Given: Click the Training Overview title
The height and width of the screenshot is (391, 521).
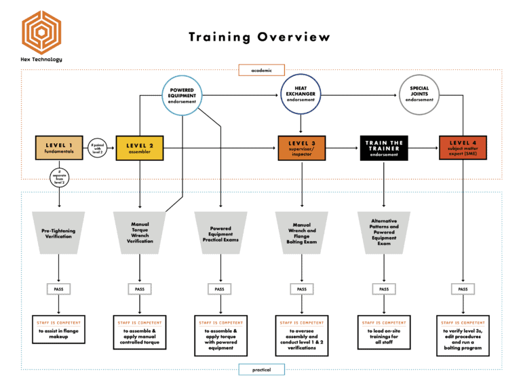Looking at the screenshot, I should coord(260,37).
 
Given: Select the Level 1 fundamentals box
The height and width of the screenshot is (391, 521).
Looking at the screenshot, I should coord(60,148).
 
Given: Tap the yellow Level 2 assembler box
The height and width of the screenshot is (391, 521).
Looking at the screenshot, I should coord(140,148).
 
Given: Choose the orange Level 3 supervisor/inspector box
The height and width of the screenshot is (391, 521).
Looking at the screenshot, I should coord(302,148).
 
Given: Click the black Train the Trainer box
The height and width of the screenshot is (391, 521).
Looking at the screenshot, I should coord(384,148).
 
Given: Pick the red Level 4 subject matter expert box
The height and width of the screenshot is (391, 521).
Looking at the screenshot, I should coord(463,148).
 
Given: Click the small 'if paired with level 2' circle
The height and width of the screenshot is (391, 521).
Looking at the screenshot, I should coord(97,148).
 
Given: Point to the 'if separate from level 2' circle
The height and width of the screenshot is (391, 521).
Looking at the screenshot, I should coord(60,178).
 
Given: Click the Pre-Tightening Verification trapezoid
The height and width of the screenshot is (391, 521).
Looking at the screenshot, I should coord(58,234).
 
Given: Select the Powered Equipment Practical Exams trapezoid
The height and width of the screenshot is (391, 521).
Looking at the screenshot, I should coord(220,234).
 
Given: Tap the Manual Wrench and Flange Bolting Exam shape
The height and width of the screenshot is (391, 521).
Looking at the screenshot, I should coord(302,234).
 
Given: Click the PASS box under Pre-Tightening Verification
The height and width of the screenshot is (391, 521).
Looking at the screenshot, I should coord(59,289).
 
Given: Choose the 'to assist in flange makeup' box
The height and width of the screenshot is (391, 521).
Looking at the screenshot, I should coord(58,329).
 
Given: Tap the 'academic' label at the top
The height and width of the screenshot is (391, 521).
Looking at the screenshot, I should coord(261,70).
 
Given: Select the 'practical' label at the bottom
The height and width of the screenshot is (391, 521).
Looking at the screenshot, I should coord(261,370).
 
